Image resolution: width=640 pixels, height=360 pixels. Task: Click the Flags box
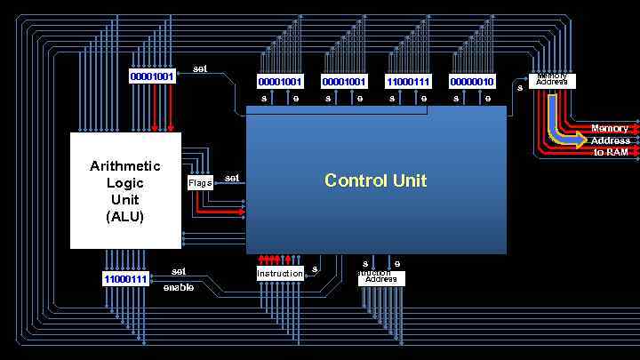[200, 183]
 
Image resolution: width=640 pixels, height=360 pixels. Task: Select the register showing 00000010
[472, 82]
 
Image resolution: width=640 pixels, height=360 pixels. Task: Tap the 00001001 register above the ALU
[152, 76]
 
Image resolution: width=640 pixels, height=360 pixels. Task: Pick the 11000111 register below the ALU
[125, 279]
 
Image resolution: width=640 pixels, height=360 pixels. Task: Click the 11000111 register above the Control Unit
[408, 82]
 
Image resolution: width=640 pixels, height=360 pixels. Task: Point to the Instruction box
[280, 274]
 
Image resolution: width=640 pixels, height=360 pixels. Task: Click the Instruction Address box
[381, 277]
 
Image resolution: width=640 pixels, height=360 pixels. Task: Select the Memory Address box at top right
[552, 80]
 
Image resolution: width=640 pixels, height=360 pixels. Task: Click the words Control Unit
[375, 180]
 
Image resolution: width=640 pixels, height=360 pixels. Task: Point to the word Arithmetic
[125, 166]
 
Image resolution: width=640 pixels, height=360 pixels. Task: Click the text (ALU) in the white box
[125, 216]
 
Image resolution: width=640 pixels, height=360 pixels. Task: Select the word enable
[178, 287]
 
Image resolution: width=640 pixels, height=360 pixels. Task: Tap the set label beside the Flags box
[232, 178]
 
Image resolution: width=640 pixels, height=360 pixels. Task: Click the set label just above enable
[179, 271]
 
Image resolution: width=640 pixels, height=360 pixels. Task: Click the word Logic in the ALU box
[125, 183]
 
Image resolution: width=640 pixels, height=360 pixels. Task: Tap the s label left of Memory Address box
[520, 86]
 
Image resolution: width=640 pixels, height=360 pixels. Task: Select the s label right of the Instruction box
[315, 269]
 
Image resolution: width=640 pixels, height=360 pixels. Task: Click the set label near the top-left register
[200, 68]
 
